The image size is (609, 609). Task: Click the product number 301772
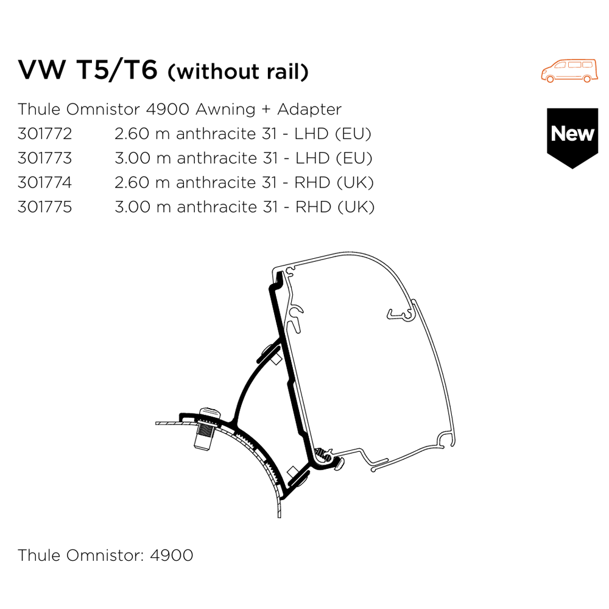pos(44,133)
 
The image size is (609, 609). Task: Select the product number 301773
pos(44,158)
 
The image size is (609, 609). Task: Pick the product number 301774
pos(44,182)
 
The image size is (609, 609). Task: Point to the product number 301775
pos(44,206)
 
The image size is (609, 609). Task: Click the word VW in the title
pos(41,71)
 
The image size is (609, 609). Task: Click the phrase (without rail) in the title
pos(238,72)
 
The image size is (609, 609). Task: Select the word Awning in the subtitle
pos(223,110)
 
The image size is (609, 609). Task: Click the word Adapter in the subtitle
pos(309,110)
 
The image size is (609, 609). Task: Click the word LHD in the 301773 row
pos(314,158)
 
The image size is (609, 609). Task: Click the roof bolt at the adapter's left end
pos(204,430)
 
